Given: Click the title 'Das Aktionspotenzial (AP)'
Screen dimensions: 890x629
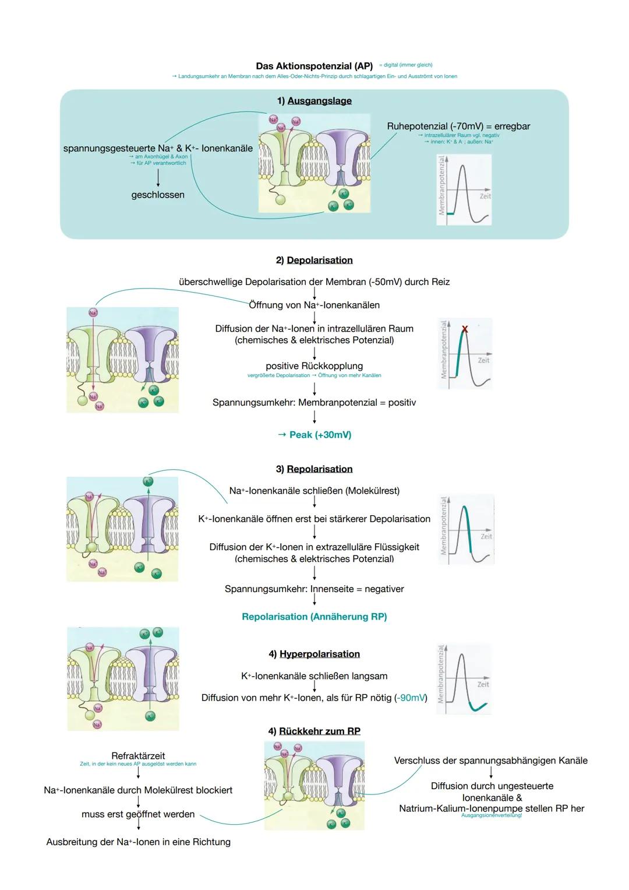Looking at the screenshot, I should [x=314, y=66].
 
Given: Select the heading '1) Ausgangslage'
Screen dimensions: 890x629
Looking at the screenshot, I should [x=314, y=101].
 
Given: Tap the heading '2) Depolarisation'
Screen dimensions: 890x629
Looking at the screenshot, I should [x=314, y=260].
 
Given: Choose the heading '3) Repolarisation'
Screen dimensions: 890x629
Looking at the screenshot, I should [x=314, y=469].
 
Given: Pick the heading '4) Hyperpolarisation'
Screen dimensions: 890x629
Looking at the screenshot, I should [x=314, y=654].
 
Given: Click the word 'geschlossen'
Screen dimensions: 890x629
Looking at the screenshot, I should [x=158, y=195].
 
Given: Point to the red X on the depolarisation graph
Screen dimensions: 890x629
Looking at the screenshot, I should [x=465, y=329].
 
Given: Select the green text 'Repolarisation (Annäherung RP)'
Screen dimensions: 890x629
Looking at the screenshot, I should [x=314, y=617].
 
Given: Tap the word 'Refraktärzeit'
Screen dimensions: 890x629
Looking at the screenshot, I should [x=138, y=756].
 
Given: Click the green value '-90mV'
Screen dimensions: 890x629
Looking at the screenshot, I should [x=411, y=698].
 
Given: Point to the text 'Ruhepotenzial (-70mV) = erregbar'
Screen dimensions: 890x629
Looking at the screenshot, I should [x=458, y=126].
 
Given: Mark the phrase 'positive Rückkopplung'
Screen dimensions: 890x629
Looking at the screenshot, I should [x=314, y=366].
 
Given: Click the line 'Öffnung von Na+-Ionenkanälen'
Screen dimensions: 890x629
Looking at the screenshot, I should [x=314, y=305].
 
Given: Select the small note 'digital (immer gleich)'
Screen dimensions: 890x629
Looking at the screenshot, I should [x=407, y=65].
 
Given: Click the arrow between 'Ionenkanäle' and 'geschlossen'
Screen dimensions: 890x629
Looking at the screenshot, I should [x=158, y=178].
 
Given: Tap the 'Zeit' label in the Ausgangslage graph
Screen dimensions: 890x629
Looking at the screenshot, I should [x=485, y=196].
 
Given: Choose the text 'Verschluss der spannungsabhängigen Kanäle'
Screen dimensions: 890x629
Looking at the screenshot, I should [x=490, y=761].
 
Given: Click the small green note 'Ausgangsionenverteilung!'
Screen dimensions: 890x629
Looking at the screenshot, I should [x=491, y=815].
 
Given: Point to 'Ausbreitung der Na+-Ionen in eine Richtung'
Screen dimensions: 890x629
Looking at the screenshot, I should [x=138, y=842].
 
